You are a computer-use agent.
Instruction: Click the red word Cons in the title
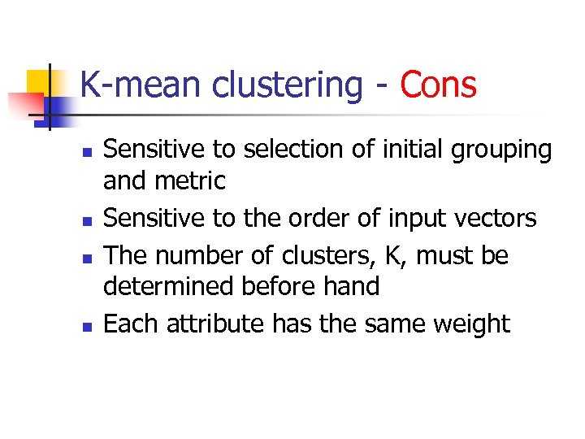pyautogui.click(x=439, y=85)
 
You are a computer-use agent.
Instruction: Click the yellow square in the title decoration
pyautogui.click(x=38, y=81)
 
